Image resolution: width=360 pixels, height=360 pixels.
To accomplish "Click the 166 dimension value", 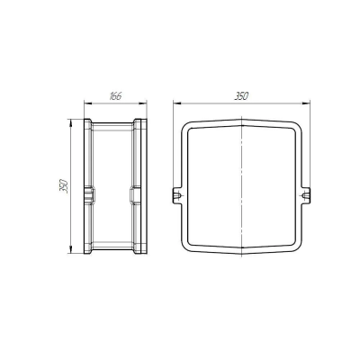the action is coord(115,96).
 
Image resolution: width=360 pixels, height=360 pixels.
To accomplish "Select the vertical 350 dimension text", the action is coord(64,186).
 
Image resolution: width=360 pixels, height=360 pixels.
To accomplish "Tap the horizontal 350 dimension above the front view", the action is coord(241,96).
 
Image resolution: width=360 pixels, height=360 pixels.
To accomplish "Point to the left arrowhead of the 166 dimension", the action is coord(87,103).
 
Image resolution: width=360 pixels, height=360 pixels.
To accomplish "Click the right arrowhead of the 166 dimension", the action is coord(143,103).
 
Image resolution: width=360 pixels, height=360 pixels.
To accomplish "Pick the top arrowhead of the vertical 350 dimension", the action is coord(70,123).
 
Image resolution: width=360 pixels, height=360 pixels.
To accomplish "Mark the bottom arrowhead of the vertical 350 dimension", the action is coord(70,250).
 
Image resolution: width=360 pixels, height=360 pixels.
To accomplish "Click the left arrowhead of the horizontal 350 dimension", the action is coord(177,103).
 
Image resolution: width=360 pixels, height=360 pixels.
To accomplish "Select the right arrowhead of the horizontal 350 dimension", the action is coord(306,103).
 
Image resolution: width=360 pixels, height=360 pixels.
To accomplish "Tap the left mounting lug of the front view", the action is coord(177,195).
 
